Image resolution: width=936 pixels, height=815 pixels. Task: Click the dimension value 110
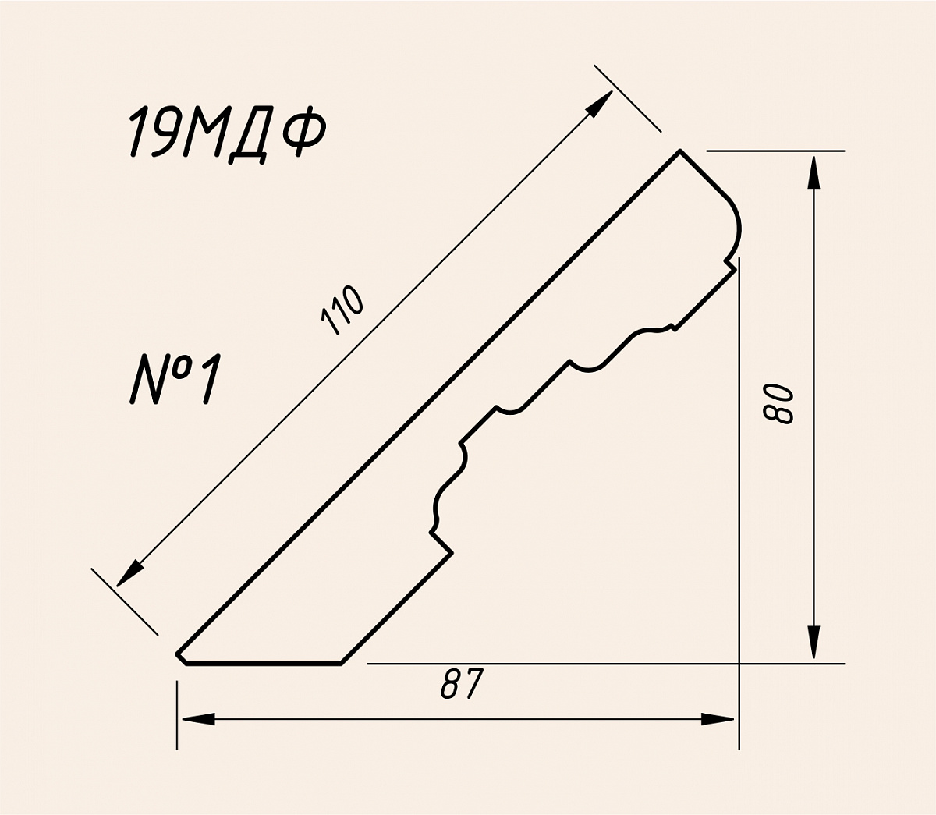click(342, 311)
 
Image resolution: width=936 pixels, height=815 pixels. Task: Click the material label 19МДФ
click(226, 134)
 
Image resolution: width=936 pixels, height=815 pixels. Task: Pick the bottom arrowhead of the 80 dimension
click(814, 642)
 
